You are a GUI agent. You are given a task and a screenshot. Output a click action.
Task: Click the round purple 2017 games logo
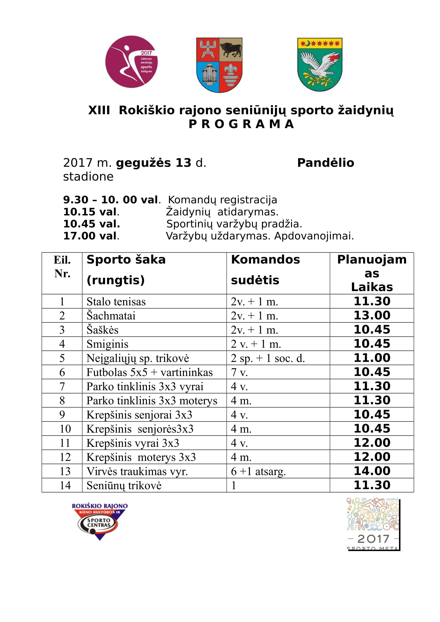click(x=131, y=62)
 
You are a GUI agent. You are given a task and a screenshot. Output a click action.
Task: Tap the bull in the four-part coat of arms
click(x=231, y=49)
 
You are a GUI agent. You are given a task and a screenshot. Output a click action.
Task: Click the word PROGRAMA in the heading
click(x=241, y=124)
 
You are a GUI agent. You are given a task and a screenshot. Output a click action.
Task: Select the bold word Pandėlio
click(x=326, y=162)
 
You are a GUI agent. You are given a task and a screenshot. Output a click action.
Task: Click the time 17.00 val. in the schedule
click(x=91, y=236)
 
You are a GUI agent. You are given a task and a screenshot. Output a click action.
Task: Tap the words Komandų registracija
click(x=223, y=200)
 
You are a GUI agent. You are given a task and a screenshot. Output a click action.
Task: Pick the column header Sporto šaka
click(x=126, y=260)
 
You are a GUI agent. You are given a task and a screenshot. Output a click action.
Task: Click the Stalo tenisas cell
click(x=116, y=302)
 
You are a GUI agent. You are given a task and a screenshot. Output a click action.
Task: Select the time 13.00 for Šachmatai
click(x=372, y=315)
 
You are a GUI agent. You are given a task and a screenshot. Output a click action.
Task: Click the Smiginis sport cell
click(x=107, y=344)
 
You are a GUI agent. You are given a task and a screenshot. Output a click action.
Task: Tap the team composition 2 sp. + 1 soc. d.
click(x=268, y=358)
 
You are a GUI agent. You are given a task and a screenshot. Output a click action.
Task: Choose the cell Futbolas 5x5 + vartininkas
click(x=150, y=372)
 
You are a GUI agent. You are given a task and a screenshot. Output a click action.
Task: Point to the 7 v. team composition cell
click(x=239, y=372)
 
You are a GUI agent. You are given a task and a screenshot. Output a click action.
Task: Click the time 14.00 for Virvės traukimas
click(x=372, y=471)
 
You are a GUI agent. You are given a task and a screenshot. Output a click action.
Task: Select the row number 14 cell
click(x=65, y=485)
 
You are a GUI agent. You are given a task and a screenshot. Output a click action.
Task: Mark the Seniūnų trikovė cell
click(x=124, y=485)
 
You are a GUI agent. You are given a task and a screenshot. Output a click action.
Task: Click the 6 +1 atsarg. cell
click(x=258, y=471)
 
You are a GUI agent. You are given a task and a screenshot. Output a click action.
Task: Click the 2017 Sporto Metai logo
click(x=373, y=524)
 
